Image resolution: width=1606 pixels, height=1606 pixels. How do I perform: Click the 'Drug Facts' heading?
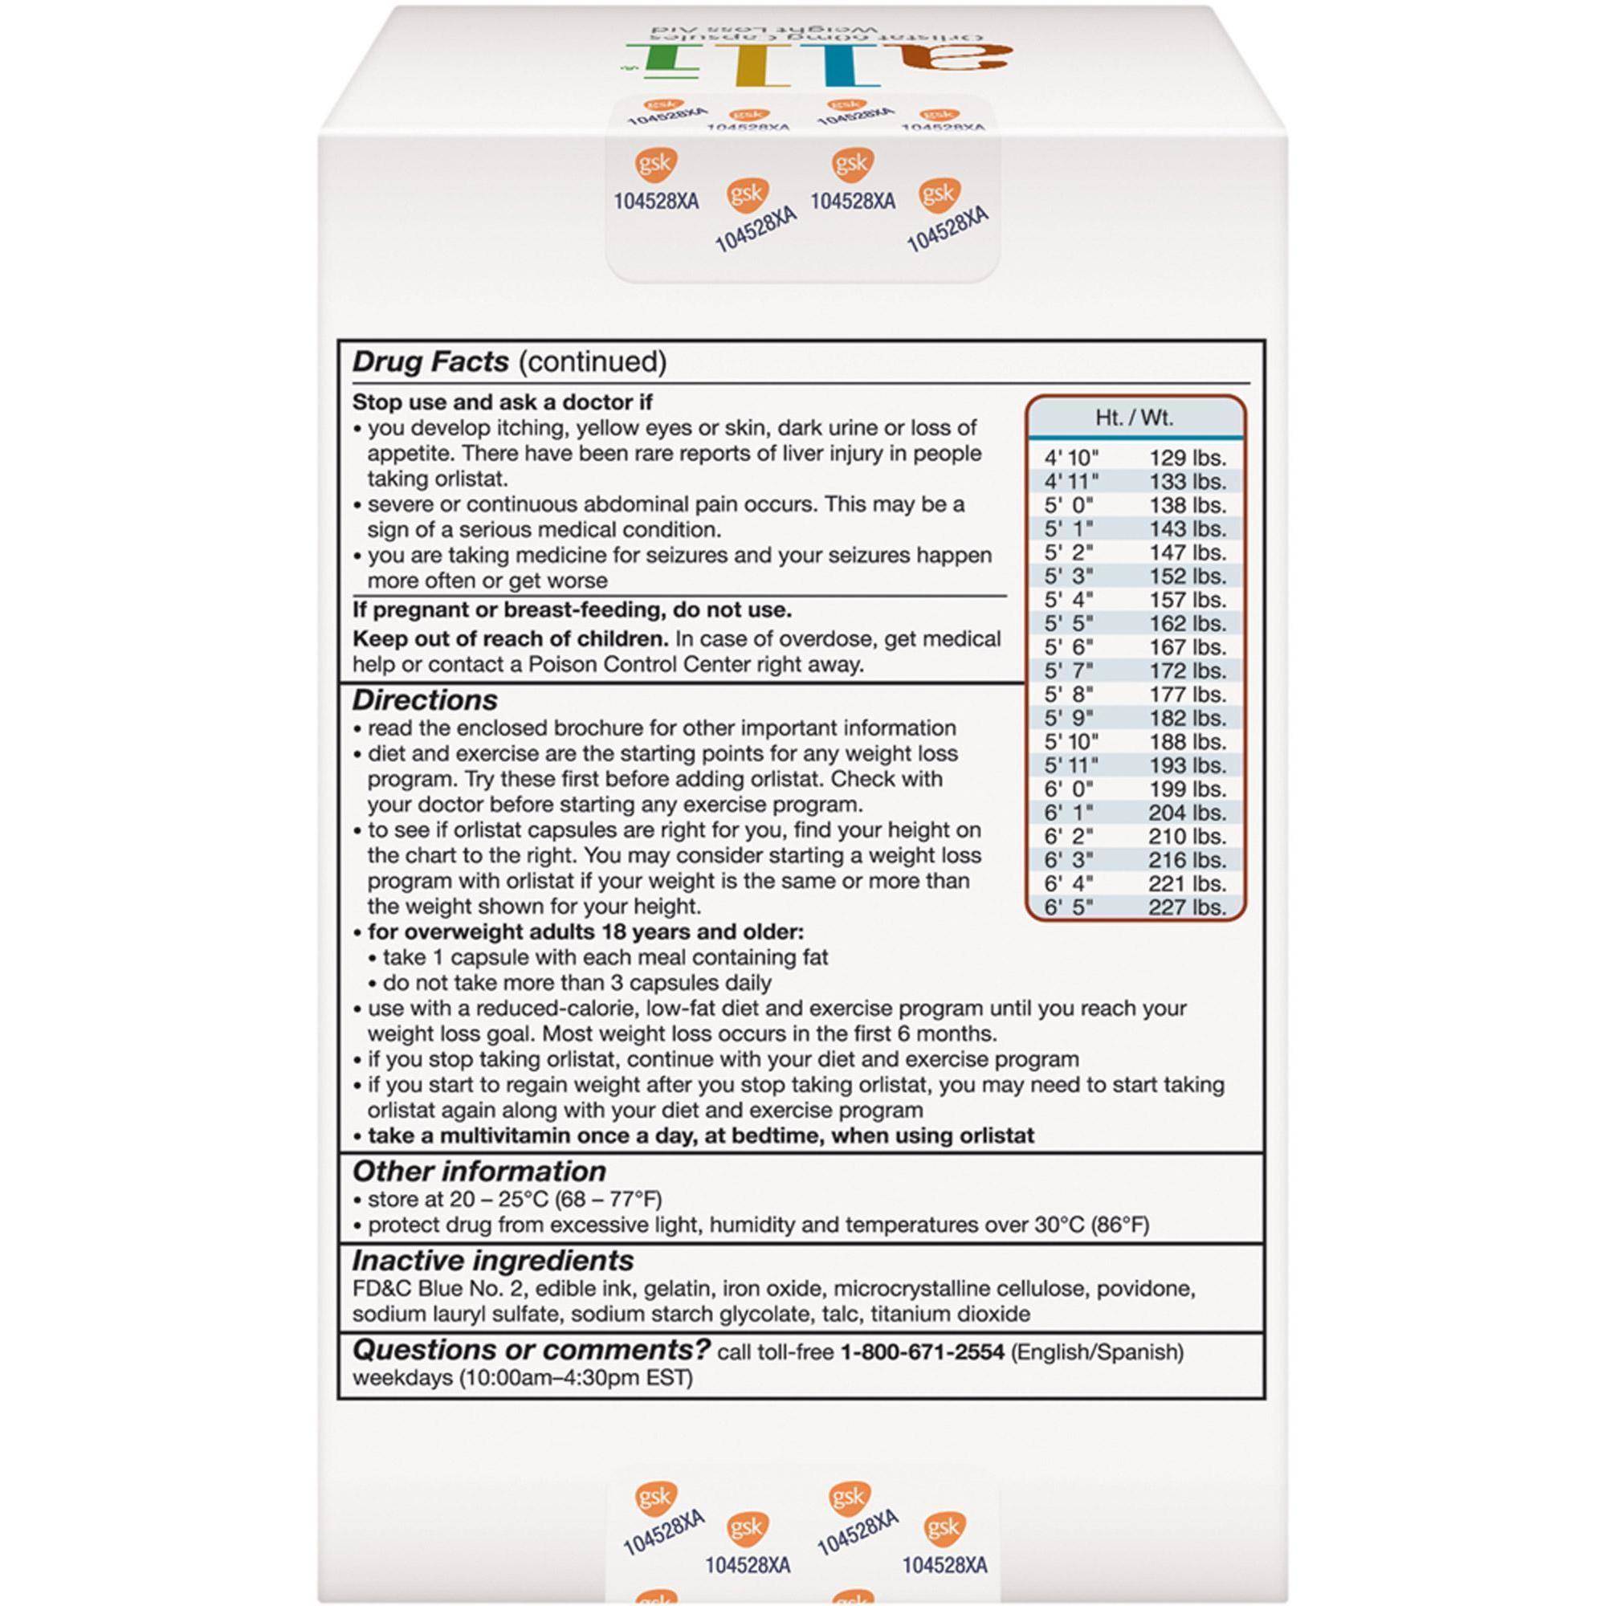(x=430, y=361)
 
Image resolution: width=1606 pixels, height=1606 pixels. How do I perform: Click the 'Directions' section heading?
(x=424, y=700)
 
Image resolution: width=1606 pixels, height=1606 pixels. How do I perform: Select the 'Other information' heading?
(x=479, y=1172)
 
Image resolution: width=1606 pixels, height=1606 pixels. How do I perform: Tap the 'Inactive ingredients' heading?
(x=492, y=1260)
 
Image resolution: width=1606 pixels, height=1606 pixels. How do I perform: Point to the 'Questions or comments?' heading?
(x=530, y=1349)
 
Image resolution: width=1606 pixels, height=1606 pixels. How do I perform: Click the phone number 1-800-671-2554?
(x=922, y=1352)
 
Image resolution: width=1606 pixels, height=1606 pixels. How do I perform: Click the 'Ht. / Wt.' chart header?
(x=1134, y=418)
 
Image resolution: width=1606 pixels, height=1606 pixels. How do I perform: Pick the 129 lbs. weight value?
(x=1187, y=458)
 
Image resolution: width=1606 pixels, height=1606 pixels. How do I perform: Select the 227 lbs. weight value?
(x=1187, y=907)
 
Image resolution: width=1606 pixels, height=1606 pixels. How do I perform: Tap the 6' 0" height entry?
(x=1069, y=789)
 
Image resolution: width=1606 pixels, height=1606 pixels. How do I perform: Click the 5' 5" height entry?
(x=1069, y=623)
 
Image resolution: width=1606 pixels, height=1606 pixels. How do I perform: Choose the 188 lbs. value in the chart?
(x=1187, y=741)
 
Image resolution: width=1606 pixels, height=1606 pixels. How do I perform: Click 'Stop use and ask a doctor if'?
(x=502, y=402)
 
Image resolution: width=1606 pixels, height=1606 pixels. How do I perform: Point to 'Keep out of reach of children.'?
(x=511, y=639)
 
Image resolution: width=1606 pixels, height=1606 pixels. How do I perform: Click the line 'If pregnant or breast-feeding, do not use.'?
(x=572, y=610)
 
